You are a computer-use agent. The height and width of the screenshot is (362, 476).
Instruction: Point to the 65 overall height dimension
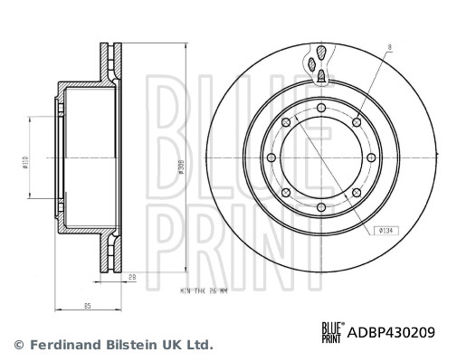[x=88, y=308]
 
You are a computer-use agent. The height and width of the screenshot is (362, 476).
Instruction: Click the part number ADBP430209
[x=392, y=332]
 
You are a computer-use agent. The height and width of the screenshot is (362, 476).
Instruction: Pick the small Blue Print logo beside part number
[x=331, y=332]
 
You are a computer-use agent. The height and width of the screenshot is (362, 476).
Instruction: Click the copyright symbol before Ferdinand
[x=17, y=345]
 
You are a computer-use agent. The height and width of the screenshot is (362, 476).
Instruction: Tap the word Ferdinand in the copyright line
[x=64, y=345]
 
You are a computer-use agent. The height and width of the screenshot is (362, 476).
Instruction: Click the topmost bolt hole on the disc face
[x=321, y=108]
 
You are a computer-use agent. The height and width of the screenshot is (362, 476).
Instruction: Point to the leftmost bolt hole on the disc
[x=271, y=157]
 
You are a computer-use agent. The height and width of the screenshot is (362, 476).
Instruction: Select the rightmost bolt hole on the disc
[x=371, y=157]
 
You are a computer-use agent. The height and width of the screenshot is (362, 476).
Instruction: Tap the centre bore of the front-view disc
[x=321, y=157]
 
